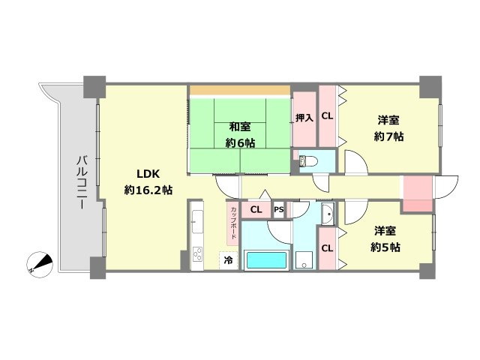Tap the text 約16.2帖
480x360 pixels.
pyautogui.click(x=148, y=190)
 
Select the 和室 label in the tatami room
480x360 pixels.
pyautogui.click(x=240, y=126)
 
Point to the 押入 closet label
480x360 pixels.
pyautogui.click(x=304, y=117)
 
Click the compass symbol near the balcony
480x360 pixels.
pyautogui.click(x=38, y=263)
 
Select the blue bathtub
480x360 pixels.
pyautogui.click(x=266, y=260)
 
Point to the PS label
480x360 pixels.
pyautogui.click(x=278, y=210)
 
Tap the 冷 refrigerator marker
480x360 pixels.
pyautogui.click(x=226, y=260)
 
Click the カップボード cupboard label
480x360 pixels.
pyautogui.click(x=233, y=223)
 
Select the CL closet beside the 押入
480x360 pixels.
pyautogui.click(x=327, y=116)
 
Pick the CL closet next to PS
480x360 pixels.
pyautogui.click(x=256, y=210)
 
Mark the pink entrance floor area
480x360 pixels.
pyautogui.click(x=417, y=193)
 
